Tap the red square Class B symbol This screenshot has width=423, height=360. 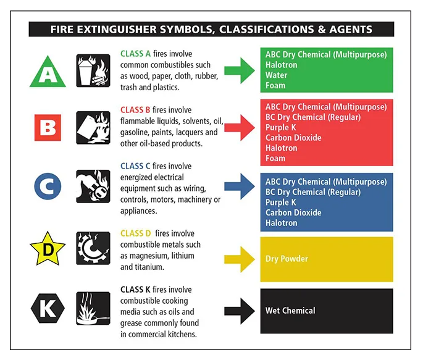click(x=47, y=128)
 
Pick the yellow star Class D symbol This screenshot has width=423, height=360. click(x=47, y=249)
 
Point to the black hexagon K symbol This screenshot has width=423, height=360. click(x=47, y=307)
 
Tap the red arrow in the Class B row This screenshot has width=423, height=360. click(x=239, y=127)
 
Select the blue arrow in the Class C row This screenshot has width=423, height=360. click(x=239, y=186)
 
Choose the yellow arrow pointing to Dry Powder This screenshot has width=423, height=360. click(x=239, y=258)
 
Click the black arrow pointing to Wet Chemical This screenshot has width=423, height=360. click(x=239, y=311)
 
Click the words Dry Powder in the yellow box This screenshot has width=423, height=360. click(x=287, y=259)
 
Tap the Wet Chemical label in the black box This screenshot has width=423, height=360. click(x=290, y=311)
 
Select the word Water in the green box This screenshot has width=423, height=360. click(x=276, y=75)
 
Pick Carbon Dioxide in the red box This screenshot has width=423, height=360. click(x=293, y=138)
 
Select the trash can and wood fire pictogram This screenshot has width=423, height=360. click(x=93, y=70)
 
